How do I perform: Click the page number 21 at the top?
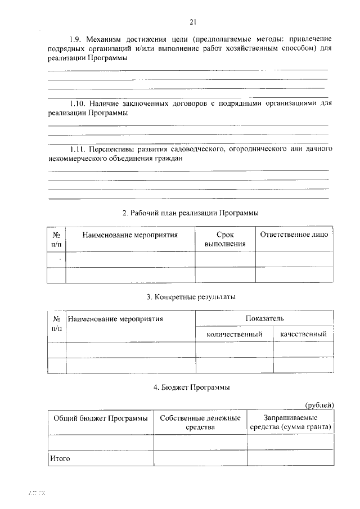click(x=193, y=22)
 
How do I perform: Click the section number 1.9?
click(x=76, y=39)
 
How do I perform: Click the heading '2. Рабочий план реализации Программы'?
click(x=191, y=213)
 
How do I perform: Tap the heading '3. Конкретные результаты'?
click(x=191, y=296)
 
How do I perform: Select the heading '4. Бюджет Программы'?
click(x=191, y=387)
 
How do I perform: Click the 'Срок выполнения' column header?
click(x=225, y=240)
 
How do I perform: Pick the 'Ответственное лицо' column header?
click(x=293, y=235)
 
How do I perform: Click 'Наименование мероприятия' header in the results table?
click(x=115, y=319)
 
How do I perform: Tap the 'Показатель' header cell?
click(x=264, y=319)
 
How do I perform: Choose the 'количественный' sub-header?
click(x=235, y=334)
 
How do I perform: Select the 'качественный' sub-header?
click(x=304, y=334)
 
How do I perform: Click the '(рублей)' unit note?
click(x=319, y=404)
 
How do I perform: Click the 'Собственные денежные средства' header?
click(x=200, y=422)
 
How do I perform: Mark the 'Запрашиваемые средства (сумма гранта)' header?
click(x=290, y=422)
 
